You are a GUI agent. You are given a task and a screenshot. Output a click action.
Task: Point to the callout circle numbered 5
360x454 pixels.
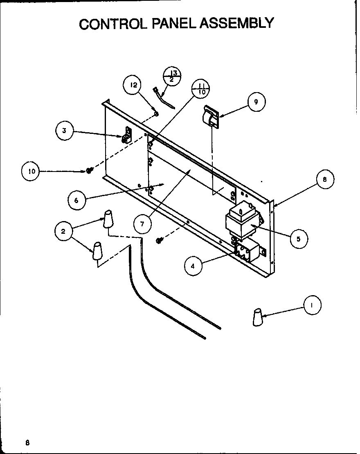pos(299,239)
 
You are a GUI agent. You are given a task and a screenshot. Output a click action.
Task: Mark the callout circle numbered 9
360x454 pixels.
pos(256,102)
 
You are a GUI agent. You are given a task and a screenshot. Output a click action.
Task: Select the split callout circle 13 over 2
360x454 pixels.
pos(172,77)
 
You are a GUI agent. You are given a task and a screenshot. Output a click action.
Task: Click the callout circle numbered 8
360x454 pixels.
pos(324,180)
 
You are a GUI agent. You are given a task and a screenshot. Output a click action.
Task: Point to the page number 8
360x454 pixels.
pos(27,443)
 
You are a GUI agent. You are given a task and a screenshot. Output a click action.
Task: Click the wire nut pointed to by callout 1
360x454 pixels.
pos(257,317)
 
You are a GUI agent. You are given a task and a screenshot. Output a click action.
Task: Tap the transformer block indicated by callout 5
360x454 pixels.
pos(241,221)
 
